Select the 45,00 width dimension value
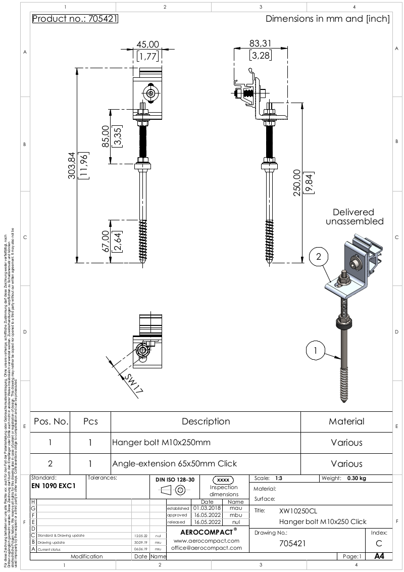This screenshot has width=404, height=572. (x=147, y=44)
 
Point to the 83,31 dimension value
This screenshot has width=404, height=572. (x=261, y=44)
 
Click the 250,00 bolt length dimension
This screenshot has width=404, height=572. (x=297, y=182)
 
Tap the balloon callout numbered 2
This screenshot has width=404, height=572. (x=318, y=257)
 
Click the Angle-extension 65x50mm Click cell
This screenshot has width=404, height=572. (x=174, y=463)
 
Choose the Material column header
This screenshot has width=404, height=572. (x=346, y=421)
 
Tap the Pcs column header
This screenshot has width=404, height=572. (x=90, y=421)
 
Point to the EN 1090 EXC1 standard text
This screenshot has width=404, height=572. (x=53, y=486)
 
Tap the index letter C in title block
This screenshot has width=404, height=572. (x=379, y=544)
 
